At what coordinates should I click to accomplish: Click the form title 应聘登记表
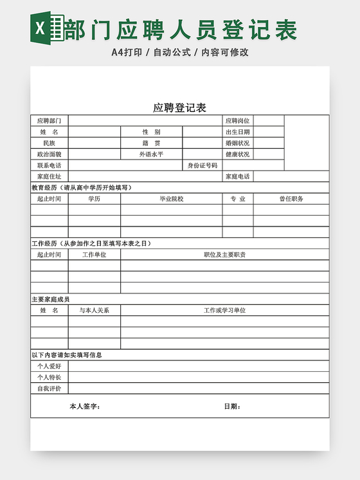179,107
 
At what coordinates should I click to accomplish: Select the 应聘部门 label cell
50,120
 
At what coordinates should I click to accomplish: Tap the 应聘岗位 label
237,120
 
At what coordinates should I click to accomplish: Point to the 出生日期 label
237,132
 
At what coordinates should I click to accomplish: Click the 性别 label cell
152,132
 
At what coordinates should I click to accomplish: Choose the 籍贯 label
152,143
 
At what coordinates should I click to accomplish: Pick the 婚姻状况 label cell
237,143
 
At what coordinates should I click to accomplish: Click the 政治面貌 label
50,154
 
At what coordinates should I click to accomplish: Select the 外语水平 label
152,154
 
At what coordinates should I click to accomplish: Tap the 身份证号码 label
203,165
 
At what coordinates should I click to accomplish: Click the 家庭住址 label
50,176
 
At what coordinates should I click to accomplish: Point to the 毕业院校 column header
172,199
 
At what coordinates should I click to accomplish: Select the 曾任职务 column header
291,199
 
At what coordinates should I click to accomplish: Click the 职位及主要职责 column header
225,255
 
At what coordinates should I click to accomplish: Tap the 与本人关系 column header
94,310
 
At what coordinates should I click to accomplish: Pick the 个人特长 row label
50,377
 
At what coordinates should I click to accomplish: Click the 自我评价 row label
50,388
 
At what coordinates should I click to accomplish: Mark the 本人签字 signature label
84,406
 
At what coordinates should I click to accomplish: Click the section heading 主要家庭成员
51,299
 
